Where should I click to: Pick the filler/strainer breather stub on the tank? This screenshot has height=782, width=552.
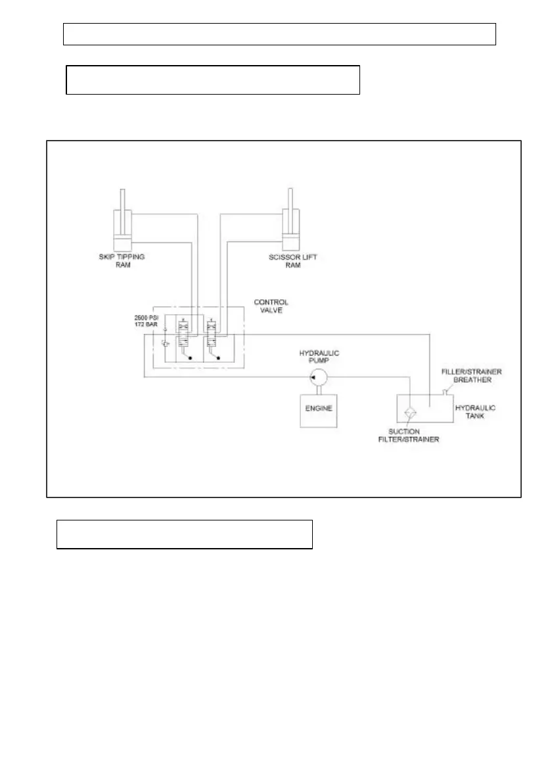[x=445, y=392]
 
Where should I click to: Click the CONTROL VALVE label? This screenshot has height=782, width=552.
[x=271, y=307]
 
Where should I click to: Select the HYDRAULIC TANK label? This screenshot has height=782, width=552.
[x=475, y=412]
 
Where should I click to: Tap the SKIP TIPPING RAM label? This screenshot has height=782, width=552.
[x=118, y=261]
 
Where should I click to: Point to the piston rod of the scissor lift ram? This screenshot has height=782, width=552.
[x=289, y=199]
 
